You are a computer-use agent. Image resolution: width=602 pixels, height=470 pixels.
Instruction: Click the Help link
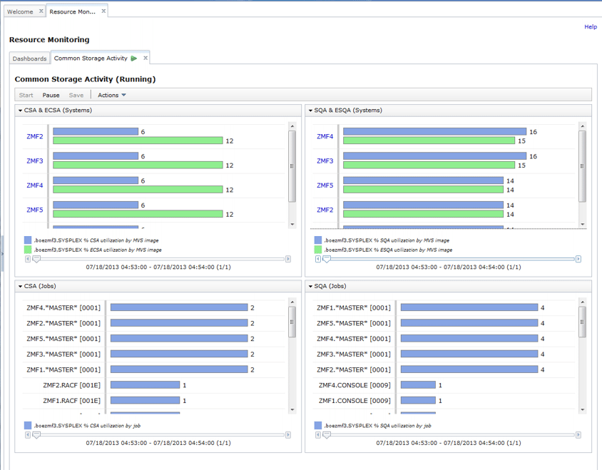click(x=590, y=26)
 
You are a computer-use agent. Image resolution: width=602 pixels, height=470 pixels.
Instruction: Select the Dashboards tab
click(x=29, y=58)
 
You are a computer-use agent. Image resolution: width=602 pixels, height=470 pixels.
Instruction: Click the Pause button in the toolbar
click(x=51, y=95)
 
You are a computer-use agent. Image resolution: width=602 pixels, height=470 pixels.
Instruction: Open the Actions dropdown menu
click(x=112, y=95)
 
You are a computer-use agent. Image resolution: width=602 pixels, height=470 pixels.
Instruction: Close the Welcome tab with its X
click(x=41, y=11)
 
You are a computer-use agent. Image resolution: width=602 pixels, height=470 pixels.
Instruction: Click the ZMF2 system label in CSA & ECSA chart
click(x=35, y=136)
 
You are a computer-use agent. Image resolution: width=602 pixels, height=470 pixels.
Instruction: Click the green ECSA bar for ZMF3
click(x=138, y=165)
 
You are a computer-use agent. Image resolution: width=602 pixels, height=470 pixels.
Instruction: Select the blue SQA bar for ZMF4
click(x=434, y=132)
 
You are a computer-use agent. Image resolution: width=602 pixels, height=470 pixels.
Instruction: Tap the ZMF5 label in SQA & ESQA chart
click(x=325, y=185)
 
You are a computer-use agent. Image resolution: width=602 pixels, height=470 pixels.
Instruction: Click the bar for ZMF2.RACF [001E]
click(x=145, y=385)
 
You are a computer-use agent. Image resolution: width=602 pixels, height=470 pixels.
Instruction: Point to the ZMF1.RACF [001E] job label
click(x=71, y=401)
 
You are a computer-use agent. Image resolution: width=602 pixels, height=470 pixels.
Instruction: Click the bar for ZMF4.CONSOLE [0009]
click(x=417, y=385)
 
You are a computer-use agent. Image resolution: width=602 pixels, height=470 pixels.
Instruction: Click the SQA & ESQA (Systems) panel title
click(x=347, y=111)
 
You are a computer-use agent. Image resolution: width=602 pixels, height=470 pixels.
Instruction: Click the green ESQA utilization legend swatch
click(x=318, y=250)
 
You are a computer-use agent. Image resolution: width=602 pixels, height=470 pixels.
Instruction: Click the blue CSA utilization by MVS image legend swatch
click(x=28, y=240)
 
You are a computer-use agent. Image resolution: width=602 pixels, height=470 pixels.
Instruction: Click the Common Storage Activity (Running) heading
click(x=85, y=79)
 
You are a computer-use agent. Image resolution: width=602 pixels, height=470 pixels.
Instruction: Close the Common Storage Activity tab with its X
click(x=146, y=58)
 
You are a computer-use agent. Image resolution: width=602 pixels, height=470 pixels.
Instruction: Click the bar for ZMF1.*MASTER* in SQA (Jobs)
click(x=469, y=307)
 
